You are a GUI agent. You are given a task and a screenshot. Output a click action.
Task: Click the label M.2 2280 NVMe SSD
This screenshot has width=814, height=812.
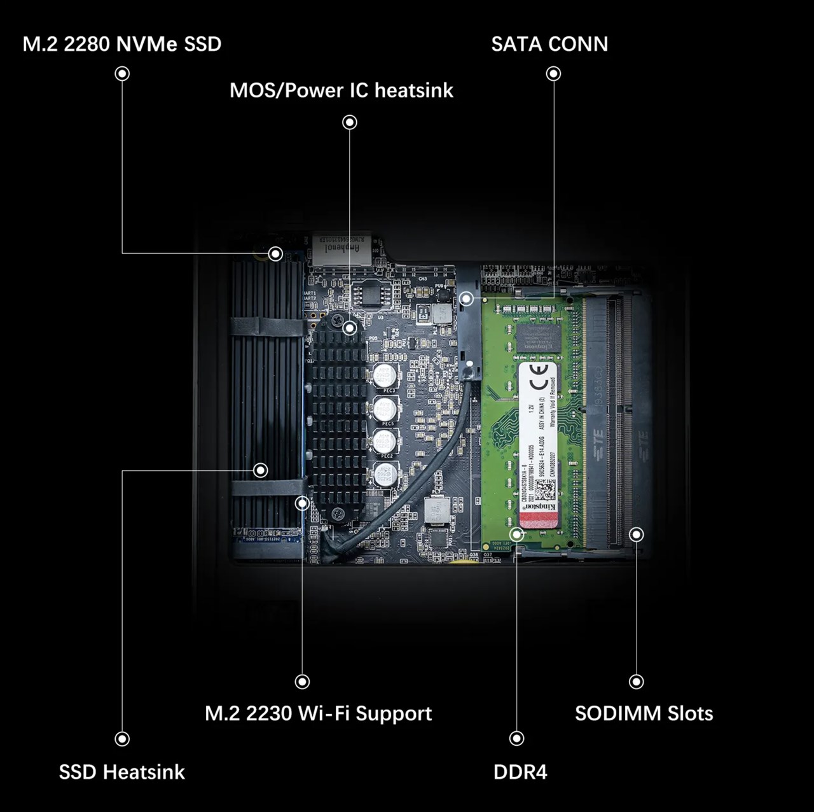(x=122, y=45)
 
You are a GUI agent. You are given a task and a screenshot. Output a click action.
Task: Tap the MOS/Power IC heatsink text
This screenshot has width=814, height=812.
(x=341, y=90)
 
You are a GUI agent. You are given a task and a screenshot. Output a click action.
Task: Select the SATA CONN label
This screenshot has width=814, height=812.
(x=549, y=45)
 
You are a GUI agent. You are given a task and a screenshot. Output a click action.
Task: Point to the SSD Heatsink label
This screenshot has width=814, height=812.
(x=122, y=772)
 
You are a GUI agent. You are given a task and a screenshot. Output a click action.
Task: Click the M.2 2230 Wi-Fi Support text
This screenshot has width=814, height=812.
(x=318, y=713)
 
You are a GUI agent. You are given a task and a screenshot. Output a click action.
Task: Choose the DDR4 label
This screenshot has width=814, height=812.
(x=520, y=772)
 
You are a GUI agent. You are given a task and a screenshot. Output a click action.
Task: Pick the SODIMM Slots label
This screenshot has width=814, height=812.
(x=644, y=713)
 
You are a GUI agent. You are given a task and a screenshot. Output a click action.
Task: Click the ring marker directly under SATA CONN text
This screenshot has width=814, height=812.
(x=554, y=74)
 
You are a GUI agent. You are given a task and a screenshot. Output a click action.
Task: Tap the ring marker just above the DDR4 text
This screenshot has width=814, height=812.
(x=517, y=738)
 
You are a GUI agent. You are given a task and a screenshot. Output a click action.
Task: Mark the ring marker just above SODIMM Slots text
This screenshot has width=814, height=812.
(x=636, y=682)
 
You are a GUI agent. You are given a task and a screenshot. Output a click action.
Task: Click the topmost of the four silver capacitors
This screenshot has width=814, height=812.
(x=386, y=375)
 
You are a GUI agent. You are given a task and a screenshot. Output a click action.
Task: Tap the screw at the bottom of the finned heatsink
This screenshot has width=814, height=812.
(x=339, y=514)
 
